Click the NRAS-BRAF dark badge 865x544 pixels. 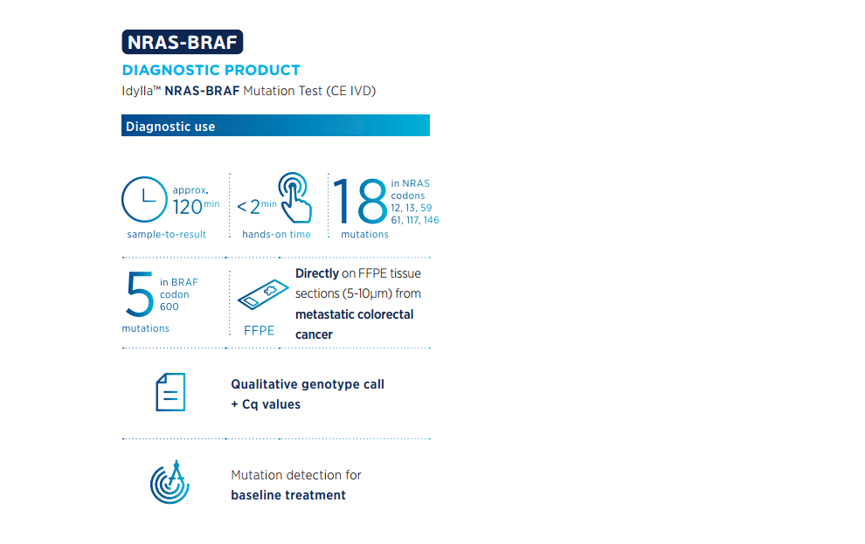click(182, 42)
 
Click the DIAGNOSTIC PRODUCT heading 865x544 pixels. click(211, 70)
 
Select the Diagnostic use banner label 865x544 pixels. click(170, 127)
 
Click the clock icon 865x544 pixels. click(144, 199)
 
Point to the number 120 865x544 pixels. click(188, 207)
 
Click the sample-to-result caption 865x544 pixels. click(167, 234)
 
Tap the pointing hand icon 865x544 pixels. click(295, 197)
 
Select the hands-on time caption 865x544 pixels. click(276, 234)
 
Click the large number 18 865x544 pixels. click(360, 201)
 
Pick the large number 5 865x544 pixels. click(140, 293)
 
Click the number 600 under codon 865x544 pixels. click(170, 306)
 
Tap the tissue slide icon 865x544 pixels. click(263, 294)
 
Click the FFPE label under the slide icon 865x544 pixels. click(259, 331)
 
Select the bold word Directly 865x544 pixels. click(317, 273)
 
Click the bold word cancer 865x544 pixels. click(314, 334)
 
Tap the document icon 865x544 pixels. click(170, 392)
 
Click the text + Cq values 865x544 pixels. click(266, 404)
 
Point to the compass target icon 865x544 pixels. click(170, 482)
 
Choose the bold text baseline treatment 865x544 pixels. click(288, 495)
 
